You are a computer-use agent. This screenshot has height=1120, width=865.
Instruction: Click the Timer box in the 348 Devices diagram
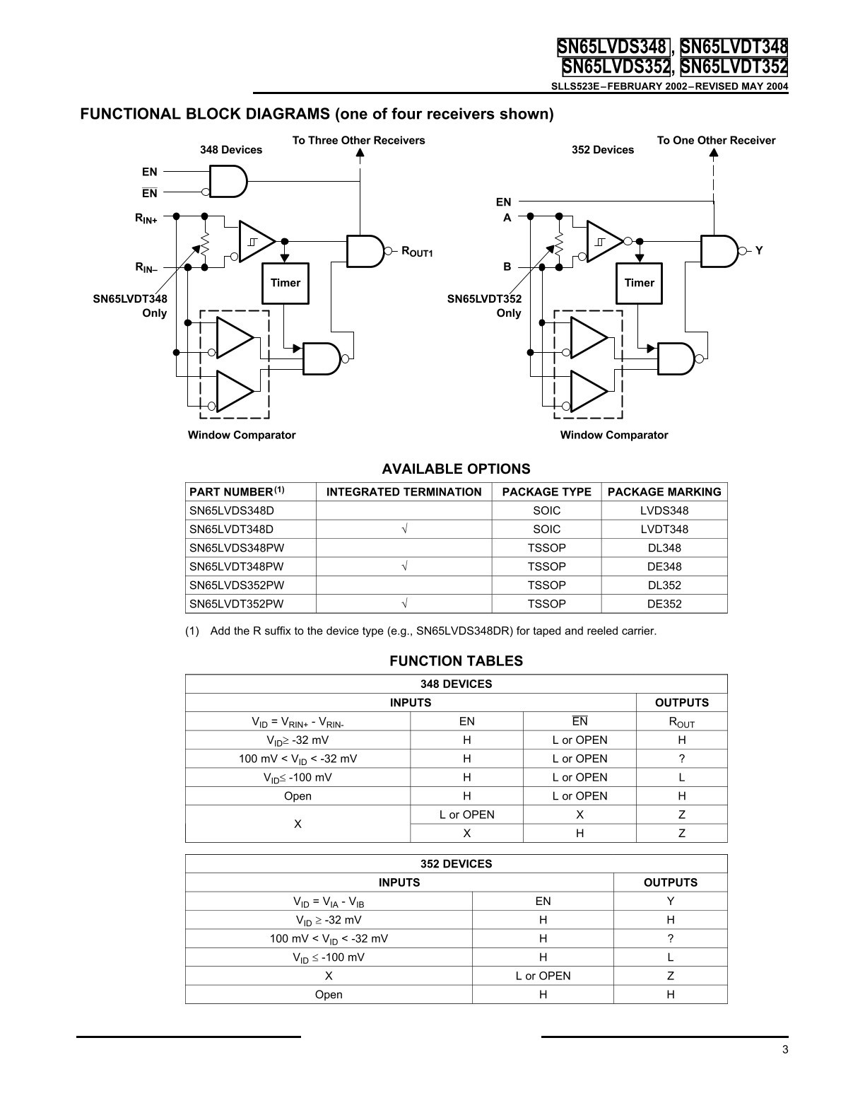[x=286, y=283]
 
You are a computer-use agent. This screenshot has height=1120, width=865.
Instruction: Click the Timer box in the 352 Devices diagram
[x=639, y=283]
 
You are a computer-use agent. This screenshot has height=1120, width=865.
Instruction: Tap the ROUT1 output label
[x=417, y=252]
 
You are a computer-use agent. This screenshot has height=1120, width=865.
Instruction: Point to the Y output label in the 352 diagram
[x=758, y=250]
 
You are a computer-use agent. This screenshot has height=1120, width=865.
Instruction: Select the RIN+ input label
[x=146, y=218]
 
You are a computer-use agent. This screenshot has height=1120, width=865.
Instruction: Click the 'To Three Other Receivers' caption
[x=358, y=140]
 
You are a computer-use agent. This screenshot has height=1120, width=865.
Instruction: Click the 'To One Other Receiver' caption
[x=716, y=140]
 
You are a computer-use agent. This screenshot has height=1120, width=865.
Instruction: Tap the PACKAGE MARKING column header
[x=664, y=491]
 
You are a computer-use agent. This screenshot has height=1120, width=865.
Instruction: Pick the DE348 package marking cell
[x=664, y=566]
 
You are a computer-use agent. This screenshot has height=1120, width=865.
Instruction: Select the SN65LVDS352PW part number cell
[x=237, y=585]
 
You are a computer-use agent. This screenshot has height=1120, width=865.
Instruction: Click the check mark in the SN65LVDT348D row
[x=404, y=529]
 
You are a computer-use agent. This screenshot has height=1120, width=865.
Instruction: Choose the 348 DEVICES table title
[x=456, y=684]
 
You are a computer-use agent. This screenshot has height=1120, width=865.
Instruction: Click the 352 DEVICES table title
[x=456, y=864]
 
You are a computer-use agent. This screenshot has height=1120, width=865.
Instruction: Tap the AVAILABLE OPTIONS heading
[x=456, y=469]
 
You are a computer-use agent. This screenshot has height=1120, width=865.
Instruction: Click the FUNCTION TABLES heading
[x=456, y=661]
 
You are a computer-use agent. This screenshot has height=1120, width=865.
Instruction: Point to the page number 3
[x=785, y=1049]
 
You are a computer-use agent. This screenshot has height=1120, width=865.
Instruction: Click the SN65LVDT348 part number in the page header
[x=734, y=47]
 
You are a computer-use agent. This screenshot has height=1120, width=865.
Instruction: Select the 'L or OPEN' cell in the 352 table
[x=543, y=976]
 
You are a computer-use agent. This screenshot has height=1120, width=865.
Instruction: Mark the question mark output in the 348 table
[x=681, y=759]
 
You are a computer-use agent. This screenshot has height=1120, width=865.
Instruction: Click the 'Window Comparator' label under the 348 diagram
[x=242, y=435]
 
